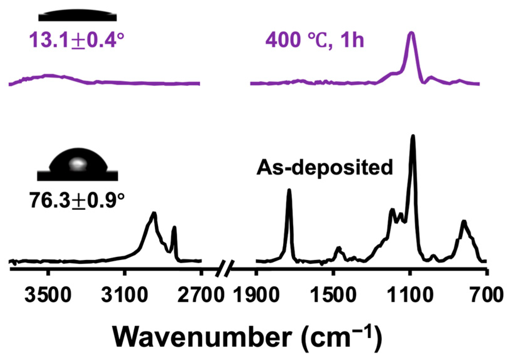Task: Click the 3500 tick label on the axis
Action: pos(48,295)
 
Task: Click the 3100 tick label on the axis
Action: pos(125,295)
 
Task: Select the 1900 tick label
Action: pos(257,295)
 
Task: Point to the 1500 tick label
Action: pos(333,295)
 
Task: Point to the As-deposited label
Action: pos(325,167)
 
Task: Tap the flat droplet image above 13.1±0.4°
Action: pos(78,15)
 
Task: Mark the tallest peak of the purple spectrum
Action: pos(411,33)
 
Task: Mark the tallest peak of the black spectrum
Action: pos(413,136)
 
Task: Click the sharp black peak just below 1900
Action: pos(289,191)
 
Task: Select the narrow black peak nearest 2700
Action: pos(174,228)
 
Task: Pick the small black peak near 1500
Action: pos(338,248)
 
